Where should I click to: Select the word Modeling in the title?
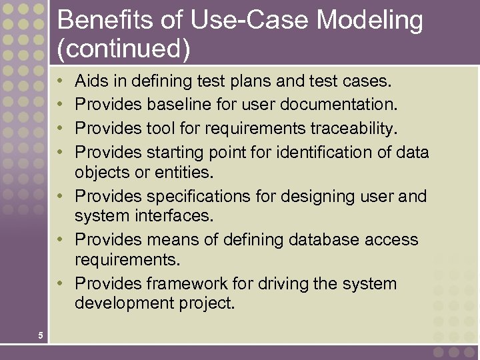tap(369, 21)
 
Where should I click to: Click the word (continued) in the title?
tap(124, 49)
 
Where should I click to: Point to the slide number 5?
tap(41, 335)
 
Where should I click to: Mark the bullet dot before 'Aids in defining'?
tap(61, 82)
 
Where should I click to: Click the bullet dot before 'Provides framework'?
tap(61, 284)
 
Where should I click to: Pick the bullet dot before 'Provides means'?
tap(61, 240)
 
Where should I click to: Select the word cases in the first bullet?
tap(367, 81)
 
